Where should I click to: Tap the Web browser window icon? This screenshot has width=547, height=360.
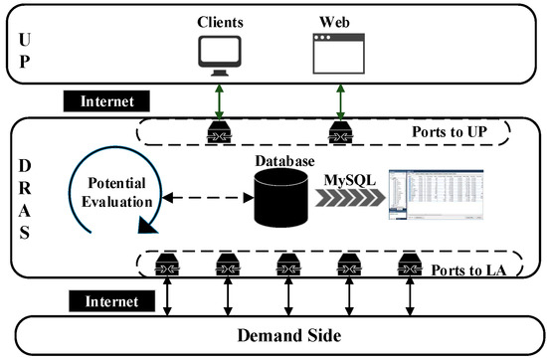[x=335, y=54]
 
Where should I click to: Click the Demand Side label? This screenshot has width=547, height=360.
[x=274, y=334]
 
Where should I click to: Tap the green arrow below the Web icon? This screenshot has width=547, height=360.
[x=335, y=101]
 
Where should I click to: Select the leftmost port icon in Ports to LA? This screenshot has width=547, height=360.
[x=163, y=266]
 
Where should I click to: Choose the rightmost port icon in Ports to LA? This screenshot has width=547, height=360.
[x=407, y=266]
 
